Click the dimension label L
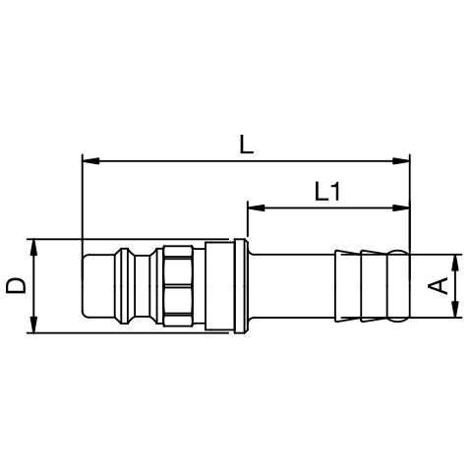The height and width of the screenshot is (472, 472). click(x=247, y=145)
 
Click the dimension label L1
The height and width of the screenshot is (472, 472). click(x=327, y=192)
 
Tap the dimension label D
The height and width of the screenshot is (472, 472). click(x=16, y=285)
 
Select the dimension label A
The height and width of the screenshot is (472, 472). click(x=438, y=285)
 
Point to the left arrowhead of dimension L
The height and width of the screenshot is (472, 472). click(x=90, y=161)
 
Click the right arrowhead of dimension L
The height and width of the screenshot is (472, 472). click(x=401, y=161)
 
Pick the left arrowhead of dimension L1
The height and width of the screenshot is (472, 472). click(x=257, y=207)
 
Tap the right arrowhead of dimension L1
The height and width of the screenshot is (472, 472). click(x=401, y=207)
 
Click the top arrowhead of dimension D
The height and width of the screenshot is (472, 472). click(x=33, y=248)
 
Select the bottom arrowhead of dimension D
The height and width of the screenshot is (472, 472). click(x=33, y=324)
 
